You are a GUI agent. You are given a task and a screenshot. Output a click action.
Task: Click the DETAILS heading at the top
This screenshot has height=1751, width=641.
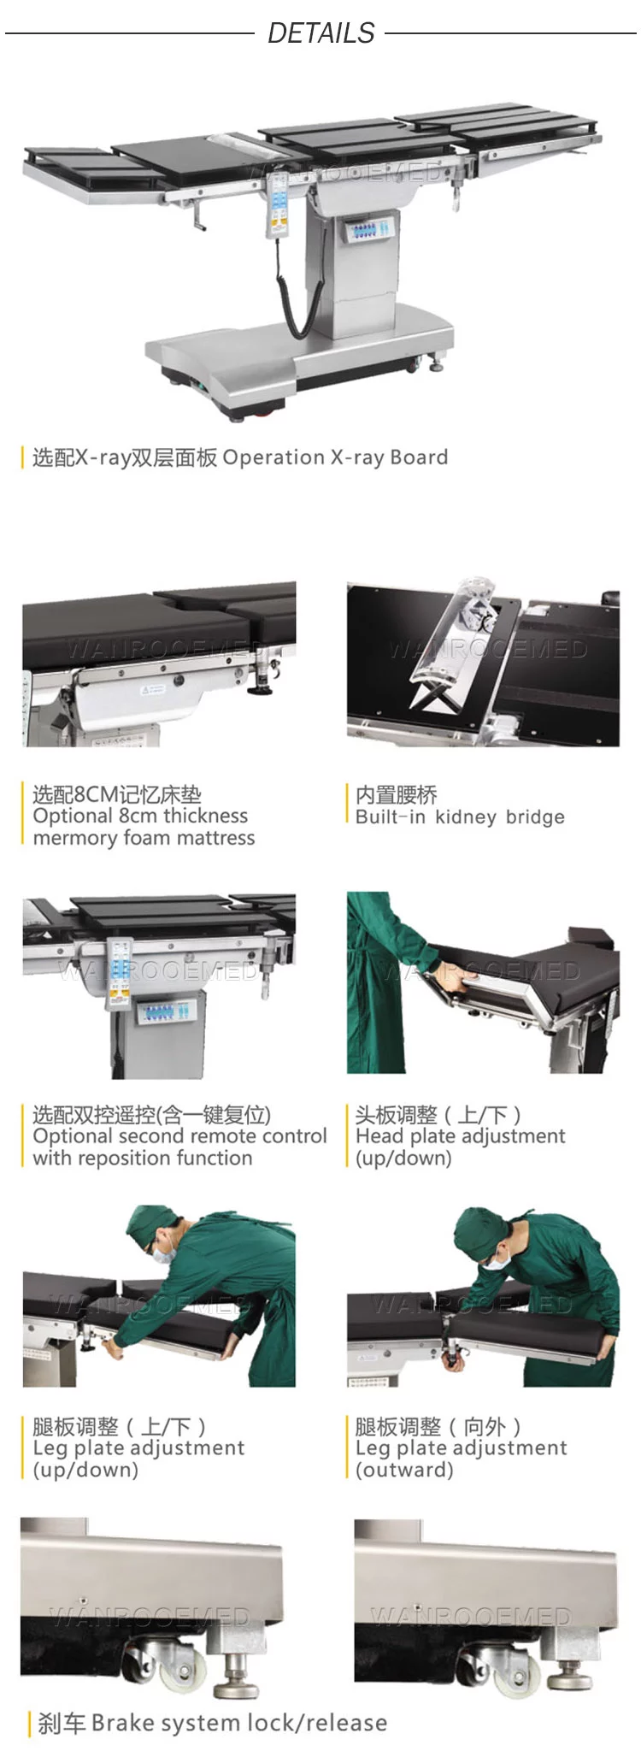(x=321, y=32)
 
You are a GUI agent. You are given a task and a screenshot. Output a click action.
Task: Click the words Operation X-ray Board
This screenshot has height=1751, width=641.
(x=335, y=457)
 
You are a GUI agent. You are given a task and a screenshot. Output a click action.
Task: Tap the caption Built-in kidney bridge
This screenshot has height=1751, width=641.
(x=460, y=817)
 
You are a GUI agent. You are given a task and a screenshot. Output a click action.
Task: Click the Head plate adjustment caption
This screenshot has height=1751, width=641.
(x=460, y=1136)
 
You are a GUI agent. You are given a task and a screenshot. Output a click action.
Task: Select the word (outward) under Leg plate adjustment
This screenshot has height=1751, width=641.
(x=404, y=1470)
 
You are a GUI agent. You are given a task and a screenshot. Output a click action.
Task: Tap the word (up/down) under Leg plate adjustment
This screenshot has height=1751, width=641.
(x=85, y=1470)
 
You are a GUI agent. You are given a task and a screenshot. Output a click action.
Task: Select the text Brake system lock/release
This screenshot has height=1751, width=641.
(x=239, y=1722)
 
